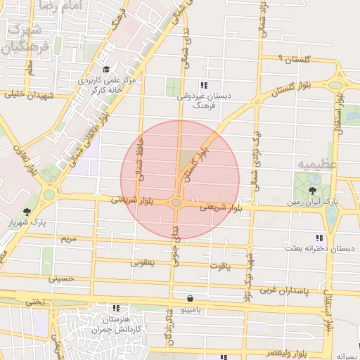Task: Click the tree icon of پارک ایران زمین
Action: [312, 191]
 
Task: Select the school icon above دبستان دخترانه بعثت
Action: [320, 238]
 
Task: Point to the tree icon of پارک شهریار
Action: [27, 211]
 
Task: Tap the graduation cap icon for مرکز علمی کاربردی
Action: [105, 69]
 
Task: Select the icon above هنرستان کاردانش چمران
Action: [116, 308]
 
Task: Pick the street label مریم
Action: [67, 239]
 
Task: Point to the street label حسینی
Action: [60, 279]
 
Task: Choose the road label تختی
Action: [34, 302]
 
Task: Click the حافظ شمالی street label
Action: [143, 162]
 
